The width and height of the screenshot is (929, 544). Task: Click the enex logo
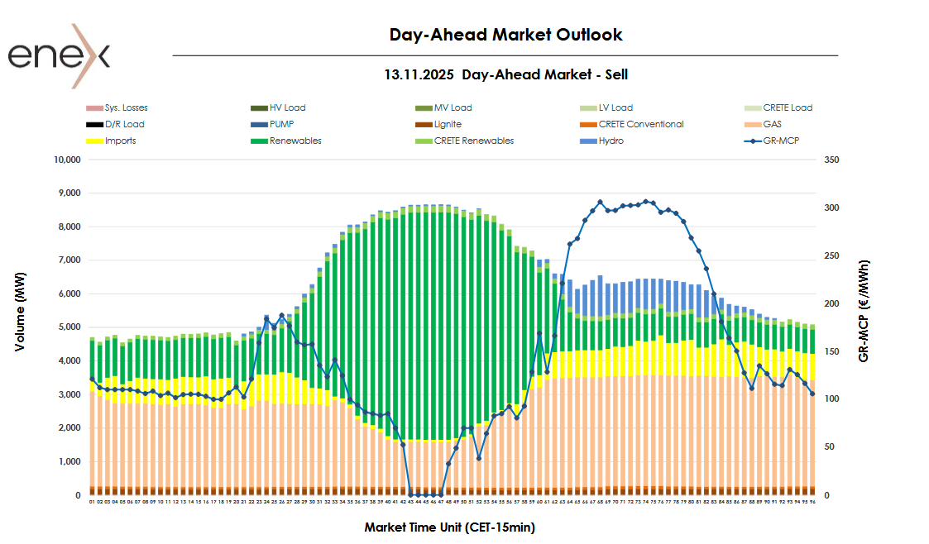[59, 55]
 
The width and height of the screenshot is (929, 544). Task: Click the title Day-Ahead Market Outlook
[505, 35]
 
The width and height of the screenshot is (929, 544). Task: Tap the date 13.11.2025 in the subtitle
[419, 74]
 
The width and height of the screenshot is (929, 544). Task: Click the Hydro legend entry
[611, 141]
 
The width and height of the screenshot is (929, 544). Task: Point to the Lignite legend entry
[448, 124]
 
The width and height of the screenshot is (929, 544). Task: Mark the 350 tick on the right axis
[832, 160]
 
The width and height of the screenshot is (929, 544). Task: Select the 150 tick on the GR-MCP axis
[832, 351]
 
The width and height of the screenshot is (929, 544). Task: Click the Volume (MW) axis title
[20, 311]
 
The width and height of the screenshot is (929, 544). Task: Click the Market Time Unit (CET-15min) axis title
[450, 527]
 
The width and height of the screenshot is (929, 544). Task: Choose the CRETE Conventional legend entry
[640, 124]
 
